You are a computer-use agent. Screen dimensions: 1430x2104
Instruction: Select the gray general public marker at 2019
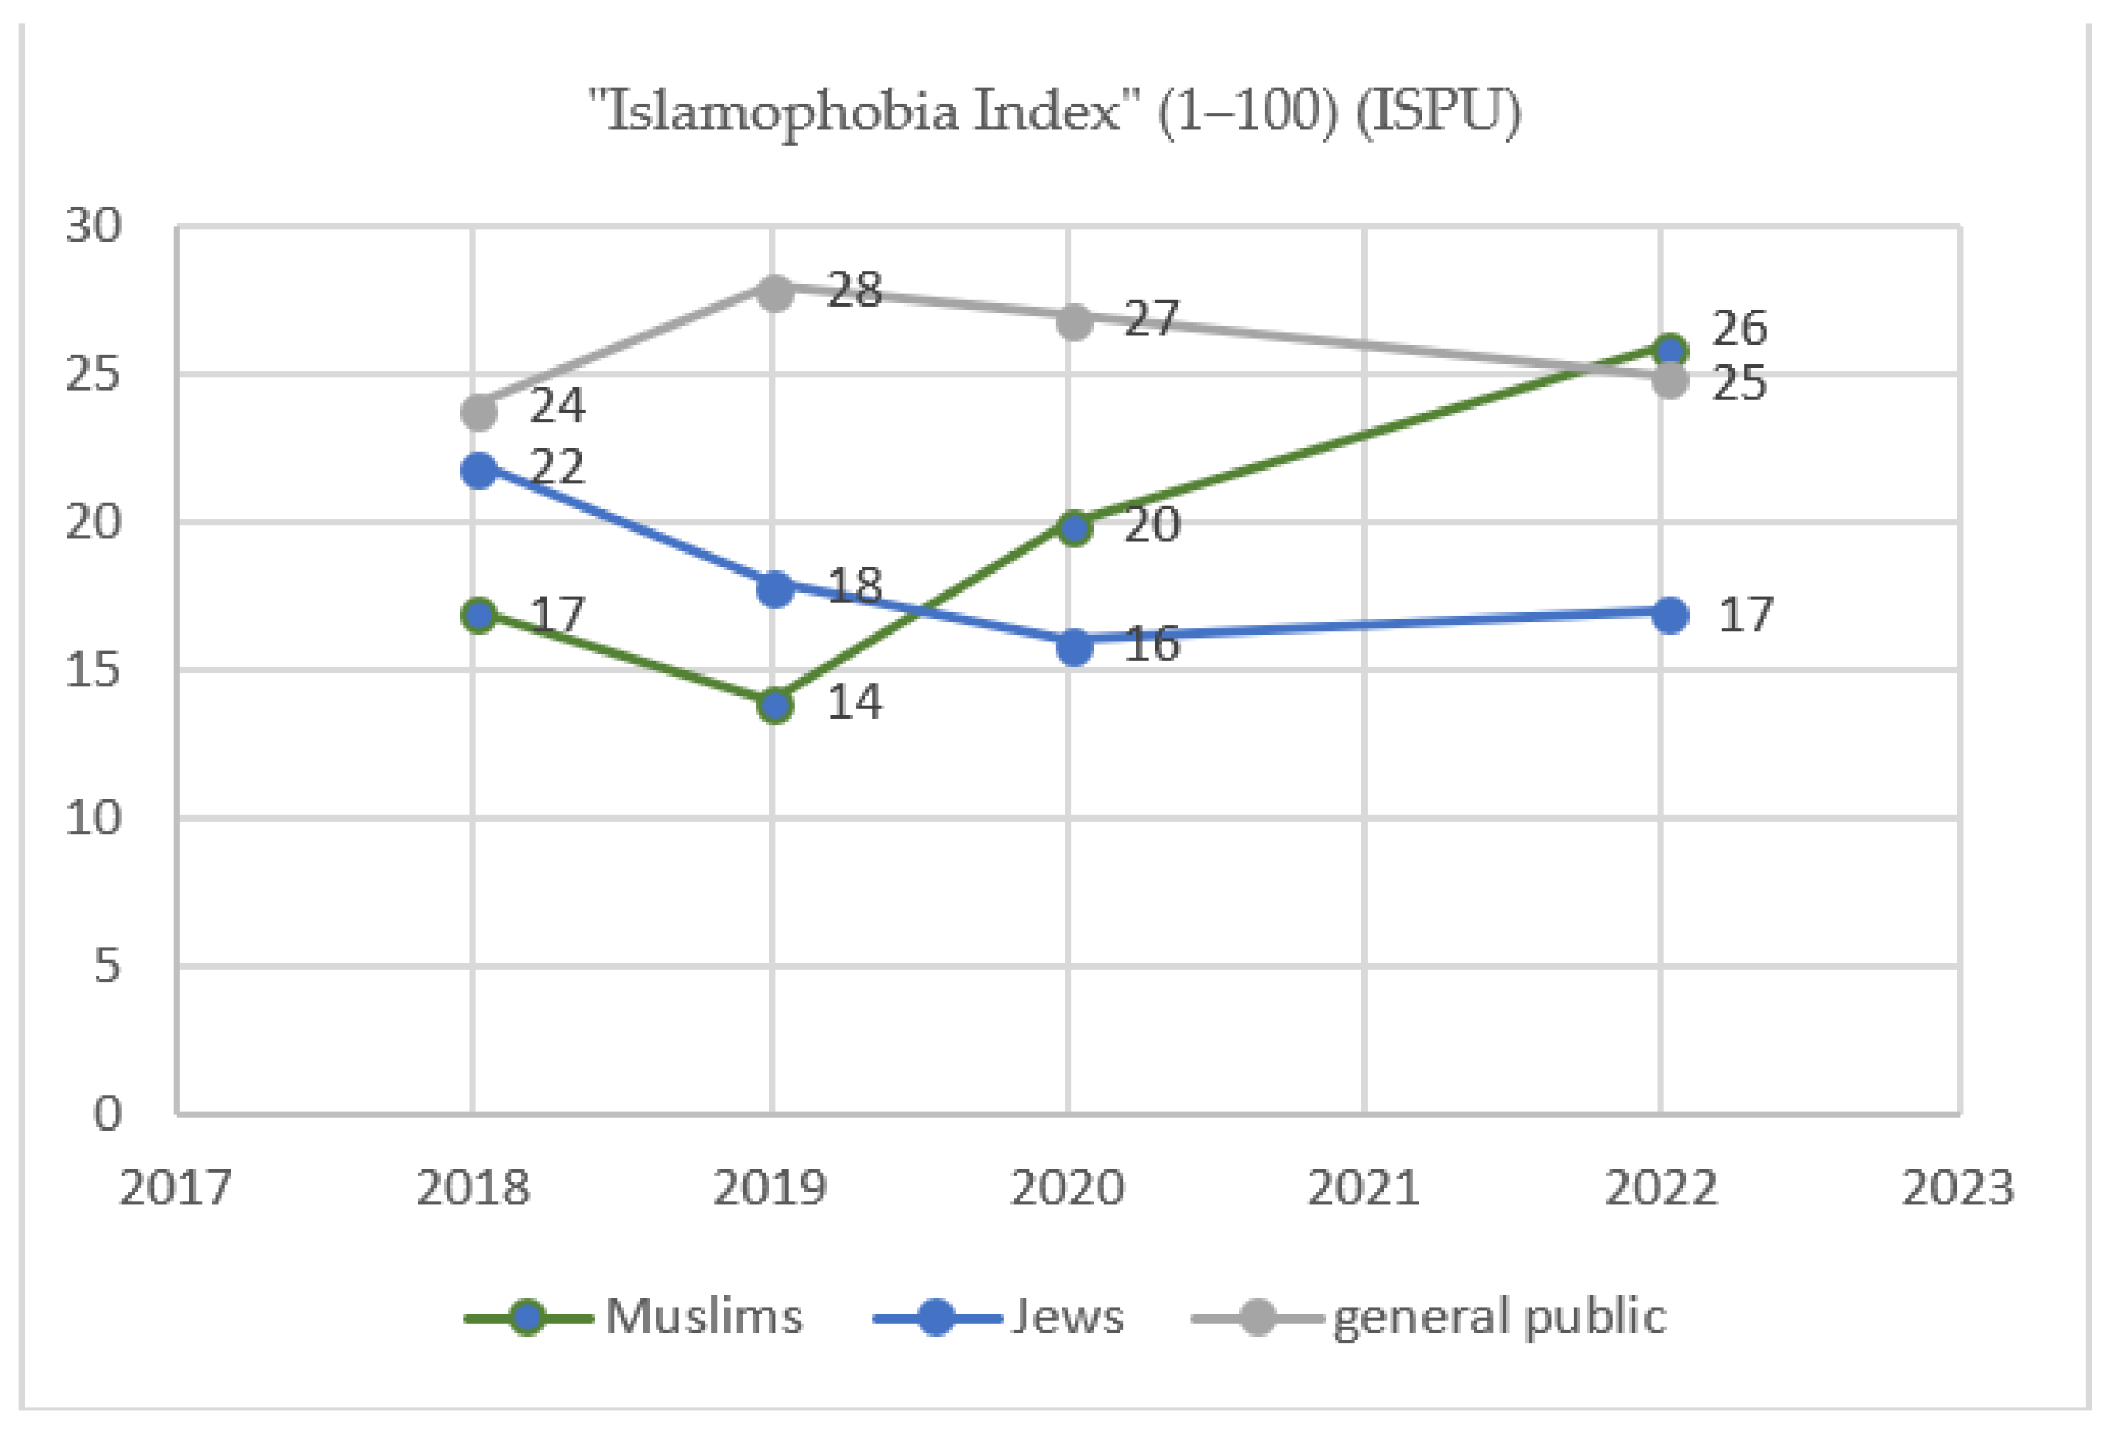click(x=775, y=293)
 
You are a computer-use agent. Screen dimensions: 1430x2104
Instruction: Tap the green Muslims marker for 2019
click(x=775, y=705)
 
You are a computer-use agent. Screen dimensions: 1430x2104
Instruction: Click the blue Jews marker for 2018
click(x=479, y=470)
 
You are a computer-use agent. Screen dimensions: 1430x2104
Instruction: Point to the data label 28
click(x=853, y=291)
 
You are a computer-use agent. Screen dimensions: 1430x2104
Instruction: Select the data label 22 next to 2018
click(x=557, y=467)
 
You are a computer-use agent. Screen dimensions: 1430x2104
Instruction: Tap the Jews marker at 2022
click(x=1670, y=616)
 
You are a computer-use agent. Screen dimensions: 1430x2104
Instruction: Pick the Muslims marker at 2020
click(x=1075, y=528)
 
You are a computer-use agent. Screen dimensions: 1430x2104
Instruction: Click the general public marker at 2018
click(x=479, y=413)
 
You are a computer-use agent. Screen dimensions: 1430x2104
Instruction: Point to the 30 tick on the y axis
click(x=93, y=225)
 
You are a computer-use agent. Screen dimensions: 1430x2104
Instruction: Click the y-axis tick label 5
click(x=106, y=966)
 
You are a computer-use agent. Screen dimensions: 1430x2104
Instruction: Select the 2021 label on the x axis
click(x=1363, y=1188)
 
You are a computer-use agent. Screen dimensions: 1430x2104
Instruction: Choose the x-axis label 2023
click(x=1957, y=1188)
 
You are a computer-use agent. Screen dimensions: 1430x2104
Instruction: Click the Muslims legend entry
click(x=634, y=1317)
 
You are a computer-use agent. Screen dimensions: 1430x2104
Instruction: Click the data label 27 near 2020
click(x=1151, y=319)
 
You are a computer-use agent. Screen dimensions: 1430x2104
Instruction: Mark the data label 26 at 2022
click(x=1738, y=328)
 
